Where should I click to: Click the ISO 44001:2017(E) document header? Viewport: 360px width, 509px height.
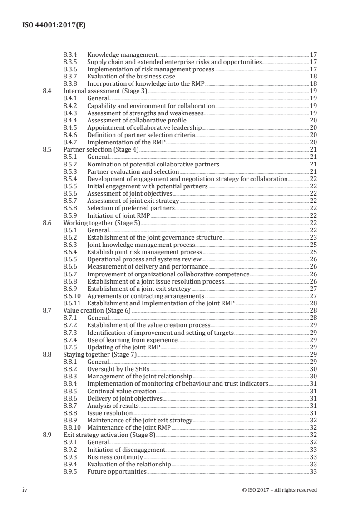(x=54, y=25)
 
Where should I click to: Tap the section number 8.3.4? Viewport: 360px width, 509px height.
(x=70, y=55)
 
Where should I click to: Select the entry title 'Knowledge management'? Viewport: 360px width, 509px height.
(x=122, y=55)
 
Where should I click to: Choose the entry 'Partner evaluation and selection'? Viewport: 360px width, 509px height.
(x=133, y=172)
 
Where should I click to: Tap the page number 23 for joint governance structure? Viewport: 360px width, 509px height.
(x=313, y=237)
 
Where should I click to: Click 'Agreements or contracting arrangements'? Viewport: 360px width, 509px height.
(x=145, y=296)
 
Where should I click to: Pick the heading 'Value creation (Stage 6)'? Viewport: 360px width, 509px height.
(x=97, y=310)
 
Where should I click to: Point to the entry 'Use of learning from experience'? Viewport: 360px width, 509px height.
(x=132, y=340)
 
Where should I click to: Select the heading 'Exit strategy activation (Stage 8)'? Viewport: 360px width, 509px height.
(x=109, y=435)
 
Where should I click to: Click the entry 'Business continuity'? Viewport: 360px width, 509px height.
(x=115, y=457)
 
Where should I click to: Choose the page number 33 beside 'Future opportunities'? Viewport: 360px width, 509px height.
(x=313, y=472)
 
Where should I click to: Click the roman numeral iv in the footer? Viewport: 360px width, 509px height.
(x=25, y=489)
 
